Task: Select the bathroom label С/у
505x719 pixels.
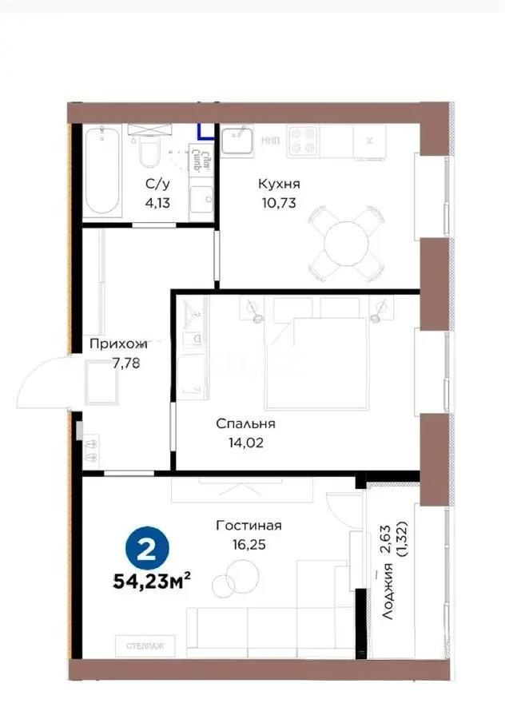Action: click(x=156, y=185)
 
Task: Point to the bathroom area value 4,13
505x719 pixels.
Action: click(x=156, y=202)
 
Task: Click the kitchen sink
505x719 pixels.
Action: click(x=237, y=142)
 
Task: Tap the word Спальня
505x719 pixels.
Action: click(x=246, y=423)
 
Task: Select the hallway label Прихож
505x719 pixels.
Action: click(x=118, y=344)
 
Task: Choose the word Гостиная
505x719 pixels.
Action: click(x=249, y=525)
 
